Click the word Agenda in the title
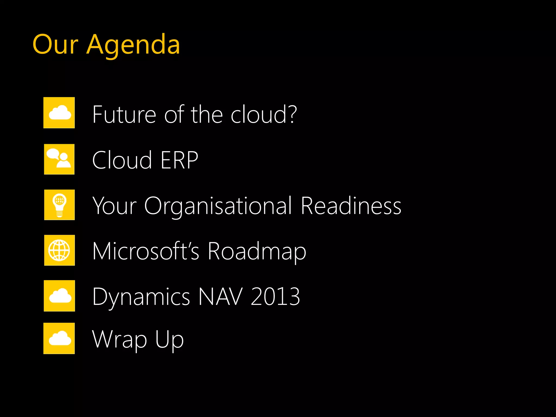tap(133, 45)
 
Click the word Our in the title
tap(55, 45)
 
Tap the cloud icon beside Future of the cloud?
tap(59, 113)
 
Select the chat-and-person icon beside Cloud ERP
tap(59, 159)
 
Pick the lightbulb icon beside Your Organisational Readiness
tap(59, 205)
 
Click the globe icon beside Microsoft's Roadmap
tap(59, 250)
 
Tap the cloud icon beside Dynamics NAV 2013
tap(59, 296)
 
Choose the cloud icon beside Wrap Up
tap(59, 338)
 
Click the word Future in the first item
tap(124, 115)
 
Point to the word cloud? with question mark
tap(264, 115)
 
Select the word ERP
tap(179, 160)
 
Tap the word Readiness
tap(351, 206)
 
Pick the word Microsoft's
tap(146, 251)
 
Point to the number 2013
tap(275, 296)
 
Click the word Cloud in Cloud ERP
tap(122, 160)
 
